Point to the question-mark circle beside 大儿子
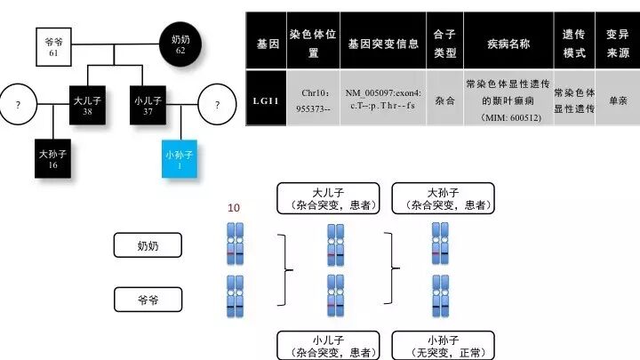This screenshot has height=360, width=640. pos(19,105)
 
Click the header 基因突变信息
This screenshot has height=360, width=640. pos(382,43)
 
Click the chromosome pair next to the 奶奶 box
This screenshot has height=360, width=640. pos(236,244)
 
